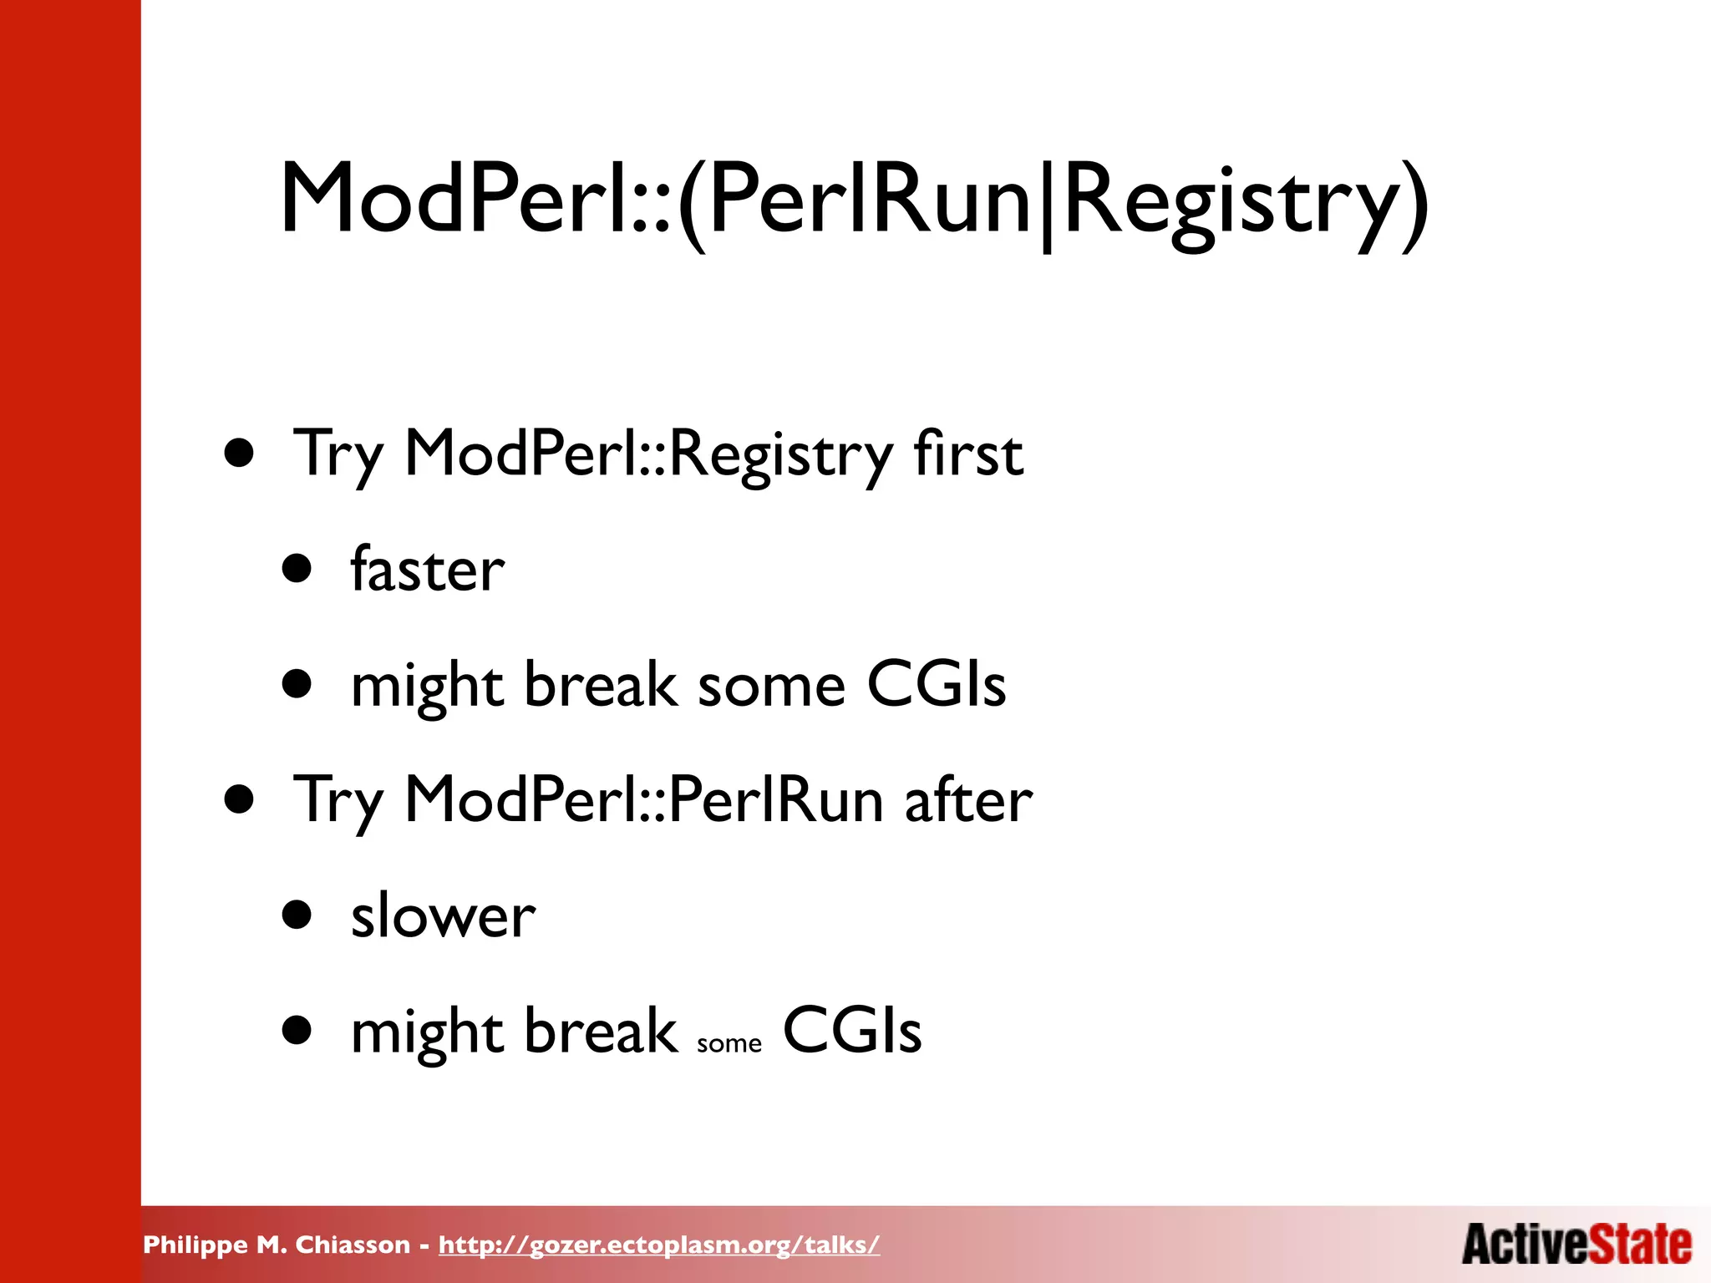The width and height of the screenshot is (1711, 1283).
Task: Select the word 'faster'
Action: point(427,570)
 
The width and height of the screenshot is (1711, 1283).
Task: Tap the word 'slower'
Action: point(443,916)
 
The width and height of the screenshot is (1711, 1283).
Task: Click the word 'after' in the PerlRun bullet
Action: point(968,800)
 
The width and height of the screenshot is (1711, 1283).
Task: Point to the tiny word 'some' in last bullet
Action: point(729,1044)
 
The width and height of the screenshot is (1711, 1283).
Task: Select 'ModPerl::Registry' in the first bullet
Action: point(648,455)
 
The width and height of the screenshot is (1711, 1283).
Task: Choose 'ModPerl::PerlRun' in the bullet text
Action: point(643,800)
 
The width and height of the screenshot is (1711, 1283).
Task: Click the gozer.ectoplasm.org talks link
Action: point(659,1245)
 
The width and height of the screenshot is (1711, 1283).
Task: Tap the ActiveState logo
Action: point(1576,1245)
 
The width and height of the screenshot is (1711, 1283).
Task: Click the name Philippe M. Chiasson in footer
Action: point(277,1245)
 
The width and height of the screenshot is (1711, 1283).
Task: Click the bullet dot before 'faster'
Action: point(297,570)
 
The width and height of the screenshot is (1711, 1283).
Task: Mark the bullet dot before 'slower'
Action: point(297,915)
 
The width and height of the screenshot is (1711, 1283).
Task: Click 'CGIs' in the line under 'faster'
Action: point(936,685)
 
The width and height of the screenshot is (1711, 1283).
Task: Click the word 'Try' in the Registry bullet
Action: point(338,455)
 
